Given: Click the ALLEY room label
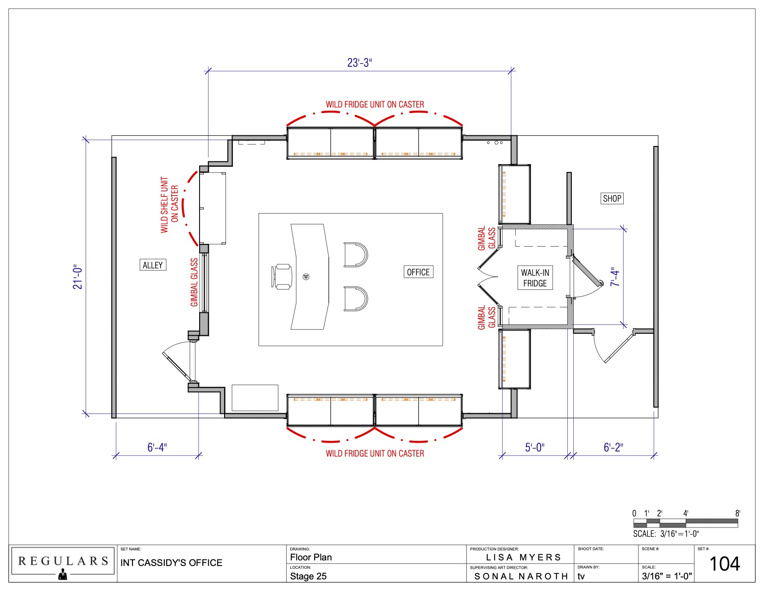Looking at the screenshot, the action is pyautogui.click(x=153, y=265).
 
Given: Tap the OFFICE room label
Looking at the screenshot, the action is pyautogui.click(x=418, y=272).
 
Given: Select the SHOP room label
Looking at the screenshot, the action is pyautogui.click(x=612, y=198).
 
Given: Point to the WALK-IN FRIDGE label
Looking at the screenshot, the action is pyautogui.click(x=535, y=278).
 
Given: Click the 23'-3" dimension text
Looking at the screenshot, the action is pyautogui.click(x=359, y=63).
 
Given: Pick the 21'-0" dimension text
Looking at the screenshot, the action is pyautogui.click(x=77, y=277).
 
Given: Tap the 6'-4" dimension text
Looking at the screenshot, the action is pyautogui.click(x=157, y=447).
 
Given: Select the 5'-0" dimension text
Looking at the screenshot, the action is pyautogui.click(x=534, y=447).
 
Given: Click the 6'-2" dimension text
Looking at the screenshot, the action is pyautogui.click(x=613, y=447).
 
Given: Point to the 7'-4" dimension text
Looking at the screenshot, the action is pyautogui.click(x=614, y=277).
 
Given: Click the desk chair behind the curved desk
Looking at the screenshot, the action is pyautogui.click(x=282, y=277).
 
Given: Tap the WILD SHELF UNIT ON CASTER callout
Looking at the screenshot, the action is pyautogui.click(x=169, y=204).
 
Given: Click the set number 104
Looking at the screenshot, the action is pyautogui.click(x=724, y=564).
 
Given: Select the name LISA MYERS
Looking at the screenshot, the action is pyautogui.click(x=523, y=558).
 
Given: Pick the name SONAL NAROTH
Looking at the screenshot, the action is pyautogui.click(x=521, y=577).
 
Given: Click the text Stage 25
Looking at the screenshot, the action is pyautogui.click(x=308, y=576).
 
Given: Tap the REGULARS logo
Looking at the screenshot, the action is pyautogui.click(x=63, y=562).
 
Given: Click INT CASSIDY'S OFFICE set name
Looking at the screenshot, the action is pyautogui.click(x=171, y=563).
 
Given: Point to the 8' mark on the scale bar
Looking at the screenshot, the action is pyautogui.click(x=738, y=514).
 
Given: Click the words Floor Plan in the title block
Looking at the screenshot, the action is pyautogui.click(x=311, y=558).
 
